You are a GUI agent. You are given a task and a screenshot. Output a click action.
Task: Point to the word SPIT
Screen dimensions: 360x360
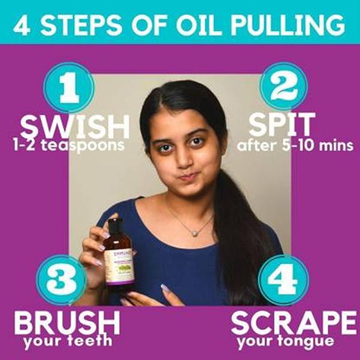point(281,125)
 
